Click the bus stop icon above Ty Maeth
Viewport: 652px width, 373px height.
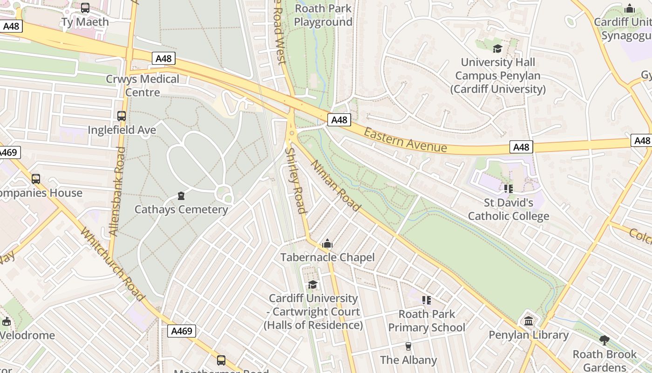pyautogui.click(x=85, y=8)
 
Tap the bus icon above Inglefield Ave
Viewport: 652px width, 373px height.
pyautogui.click(x=122, y=116)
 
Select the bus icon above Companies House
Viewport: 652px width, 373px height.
pyautogui.click(x=36, y=179)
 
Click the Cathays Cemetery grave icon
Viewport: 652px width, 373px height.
pyautogui.click(x=181, y=196)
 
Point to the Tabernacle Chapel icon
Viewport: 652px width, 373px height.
pyautogui.click(x=327, y=243)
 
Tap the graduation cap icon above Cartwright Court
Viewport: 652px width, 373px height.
pyautogui.click(x=313, y=284)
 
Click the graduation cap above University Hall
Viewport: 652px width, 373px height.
pyautogui.click(x=498, y=48)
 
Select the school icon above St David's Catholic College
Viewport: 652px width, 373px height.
pyautogui.click(x=509, y=189)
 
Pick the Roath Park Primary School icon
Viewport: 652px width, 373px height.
pyautogui.click(x=427, y=300)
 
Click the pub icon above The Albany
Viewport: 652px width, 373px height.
pyautogui.click(x=408, y=346)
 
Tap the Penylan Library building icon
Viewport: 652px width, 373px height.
pyautogui.click(x=529, y=321)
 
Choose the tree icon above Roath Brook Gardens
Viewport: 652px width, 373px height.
pyautogui.click(x=604, y=340)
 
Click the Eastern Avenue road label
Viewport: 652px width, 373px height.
pyautogui.click(x=405, y=140)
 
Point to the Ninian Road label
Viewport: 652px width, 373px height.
pyautogui.click(x=335, y=185)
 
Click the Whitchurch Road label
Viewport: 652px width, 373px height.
pyautogui.click(x=111, y=263)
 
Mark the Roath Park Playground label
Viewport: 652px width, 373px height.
pyautogui.click(x=323, y=15)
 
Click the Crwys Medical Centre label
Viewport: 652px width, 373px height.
pyautogui.click(x=143, y=85)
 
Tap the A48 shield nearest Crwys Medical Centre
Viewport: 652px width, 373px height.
pyautogui.click(x=163, y=58)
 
